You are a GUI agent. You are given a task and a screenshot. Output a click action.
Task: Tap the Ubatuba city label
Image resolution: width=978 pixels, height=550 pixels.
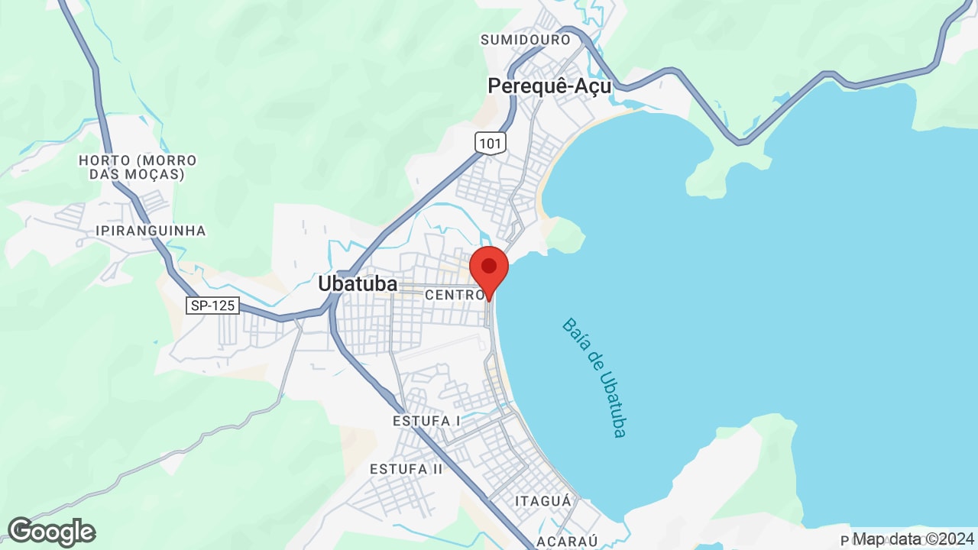tap(358, 283)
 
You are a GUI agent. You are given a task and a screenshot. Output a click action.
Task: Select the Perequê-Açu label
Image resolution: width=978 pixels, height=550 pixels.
tap(549, 86)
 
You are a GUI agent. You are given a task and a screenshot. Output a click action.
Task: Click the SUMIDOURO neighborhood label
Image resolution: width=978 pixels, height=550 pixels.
tap(525, 40)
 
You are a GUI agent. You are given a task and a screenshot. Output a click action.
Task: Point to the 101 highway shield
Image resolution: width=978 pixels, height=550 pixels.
tap(490, 142)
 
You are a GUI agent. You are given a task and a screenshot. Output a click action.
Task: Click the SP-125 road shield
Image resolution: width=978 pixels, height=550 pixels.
tap(213, 306)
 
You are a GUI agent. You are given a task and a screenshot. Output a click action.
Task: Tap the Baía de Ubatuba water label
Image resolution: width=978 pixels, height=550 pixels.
tap(594, 377)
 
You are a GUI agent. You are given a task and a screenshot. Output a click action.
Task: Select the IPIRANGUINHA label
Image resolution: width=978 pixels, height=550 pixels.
tap(151, 231)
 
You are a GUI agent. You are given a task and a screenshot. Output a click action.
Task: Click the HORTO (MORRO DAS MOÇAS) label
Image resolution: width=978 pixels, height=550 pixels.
tap(138, 167)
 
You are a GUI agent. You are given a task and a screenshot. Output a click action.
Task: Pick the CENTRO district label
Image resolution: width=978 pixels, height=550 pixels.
tap(455, 295)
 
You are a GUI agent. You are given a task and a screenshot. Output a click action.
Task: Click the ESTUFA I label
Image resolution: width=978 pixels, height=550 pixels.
tap(427, 421)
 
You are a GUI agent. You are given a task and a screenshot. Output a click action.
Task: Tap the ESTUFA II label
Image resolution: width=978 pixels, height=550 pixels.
tap(406, 468)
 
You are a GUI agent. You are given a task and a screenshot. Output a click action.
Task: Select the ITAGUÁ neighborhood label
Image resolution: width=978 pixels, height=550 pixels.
tap(543, 501)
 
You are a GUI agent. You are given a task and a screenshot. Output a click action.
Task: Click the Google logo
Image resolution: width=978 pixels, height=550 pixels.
tap(51, 532)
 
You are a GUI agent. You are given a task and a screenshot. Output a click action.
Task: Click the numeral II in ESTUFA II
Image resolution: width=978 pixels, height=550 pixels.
tap(436, 468)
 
